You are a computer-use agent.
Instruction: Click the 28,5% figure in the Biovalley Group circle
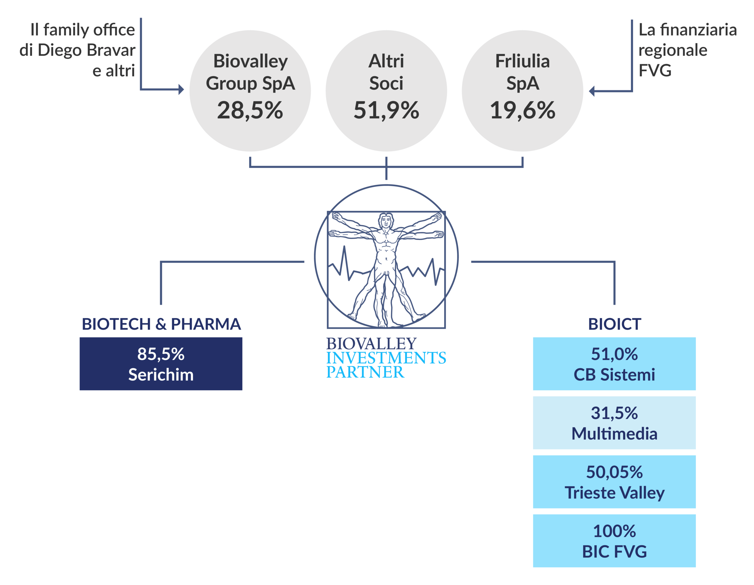[250, 110]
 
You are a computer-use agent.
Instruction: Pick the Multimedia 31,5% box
[614, 423]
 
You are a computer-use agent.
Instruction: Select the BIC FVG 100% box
[614, 541]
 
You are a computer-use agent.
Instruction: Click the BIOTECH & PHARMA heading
[161, 324]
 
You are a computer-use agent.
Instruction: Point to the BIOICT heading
[614, 324]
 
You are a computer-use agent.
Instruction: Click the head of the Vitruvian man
[386, 221]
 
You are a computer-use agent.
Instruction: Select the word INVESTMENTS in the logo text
[386, 358]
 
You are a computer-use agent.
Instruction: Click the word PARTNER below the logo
[365, 372]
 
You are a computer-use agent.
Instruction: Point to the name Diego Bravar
[86, 50]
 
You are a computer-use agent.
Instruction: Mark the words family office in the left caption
[89, 30]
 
